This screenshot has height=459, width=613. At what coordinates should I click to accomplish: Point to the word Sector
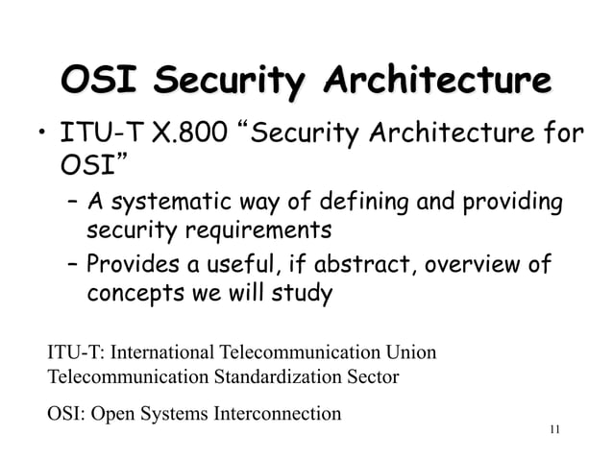(x=372, y=375)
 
